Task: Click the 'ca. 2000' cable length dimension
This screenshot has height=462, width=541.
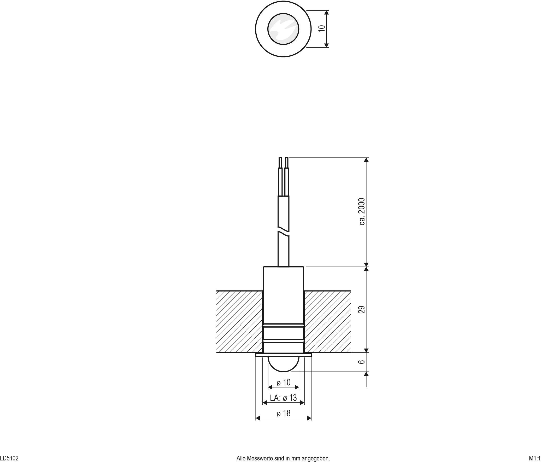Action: tap(362, 211)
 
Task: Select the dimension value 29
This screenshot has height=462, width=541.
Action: tap(362, 310)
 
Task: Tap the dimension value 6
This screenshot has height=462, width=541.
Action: tap(362, 362)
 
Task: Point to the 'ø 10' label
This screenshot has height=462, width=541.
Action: tap(283, 383)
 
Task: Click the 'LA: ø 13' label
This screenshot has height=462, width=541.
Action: tap(283, 398)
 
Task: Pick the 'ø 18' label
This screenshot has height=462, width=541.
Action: tap(283, 413)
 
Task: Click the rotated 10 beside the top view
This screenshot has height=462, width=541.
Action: tap(322, 28)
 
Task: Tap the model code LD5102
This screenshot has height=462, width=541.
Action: tap(9, 458)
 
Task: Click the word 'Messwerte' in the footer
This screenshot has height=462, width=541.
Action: tap(262, 458)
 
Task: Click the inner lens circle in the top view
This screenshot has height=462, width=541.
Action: tap(283, 29)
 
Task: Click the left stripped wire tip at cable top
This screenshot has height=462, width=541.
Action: tap(280, 162)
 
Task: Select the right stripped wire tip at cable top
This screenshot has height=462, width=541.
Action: tap(287, 162)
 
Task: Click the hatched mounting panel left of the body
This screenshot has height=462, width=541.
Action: tap(239, 322)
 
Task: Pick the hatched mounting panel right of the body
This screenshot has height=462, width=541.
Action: tap(328, 322)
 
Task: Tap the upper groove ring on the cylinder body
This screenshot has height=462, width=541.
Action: tap(283, 325)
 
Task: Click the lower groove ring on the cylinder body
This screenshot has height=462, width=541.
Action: tap(283, 341)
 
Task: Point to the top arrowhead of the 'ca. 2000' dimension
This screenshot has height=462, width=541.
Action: tap(366, 160)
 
